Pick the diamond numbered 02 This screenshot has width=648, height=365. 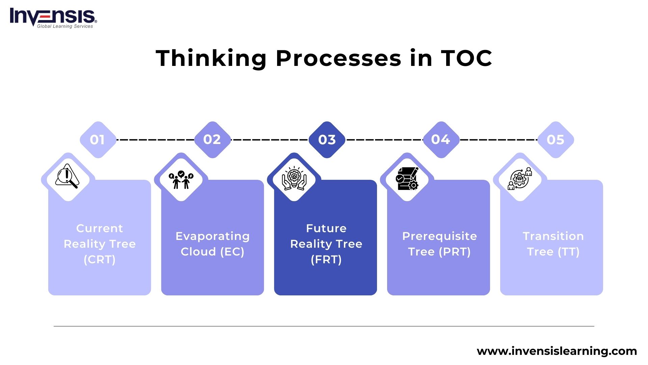click(x=212, y=140)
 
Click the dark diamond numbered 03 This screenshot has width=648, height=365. click(x=327, y=140)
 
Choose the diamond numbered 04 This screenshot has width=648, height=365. click(x=441, y=140)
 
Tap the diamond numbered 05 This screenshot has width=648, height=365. click(x=556, y=140)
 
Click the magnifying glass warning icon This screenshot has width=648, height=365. click(x=67, y=176)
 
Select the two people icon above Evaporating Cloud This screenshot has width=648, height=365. click(x=181, y=179)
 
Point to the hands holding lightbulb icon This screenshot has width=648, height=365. click(x=294, y=178)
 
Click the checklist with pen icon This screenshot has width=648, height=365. click(x=407, y=178)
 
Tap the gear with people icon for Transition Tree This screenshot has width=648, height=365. click(x=520, y=178)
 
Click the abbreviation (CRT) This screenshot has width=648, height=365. click(x=100, y=260)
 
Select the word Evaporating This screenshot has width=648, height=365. click(x=212, y=236)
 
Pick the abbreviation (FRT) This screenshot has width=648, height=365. click(x=326, y=260)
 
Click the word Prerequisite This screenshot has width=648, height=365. click(x=439, y=236)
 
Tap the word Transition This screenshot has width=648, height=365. click(x=553, y=236)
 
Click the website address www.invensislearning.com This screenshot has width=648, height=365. click(x=557, y=351)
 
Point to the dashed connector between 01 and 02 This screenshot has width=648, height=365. click(x=155, y=140)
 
